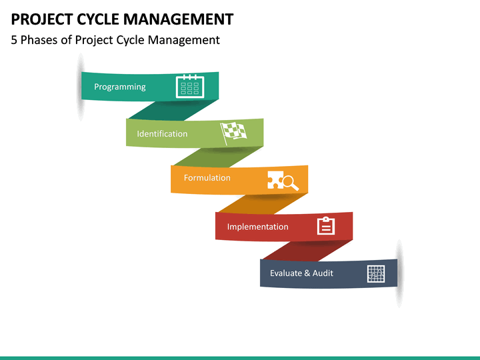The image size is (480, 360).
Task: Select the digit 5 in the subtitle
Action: point(15,40)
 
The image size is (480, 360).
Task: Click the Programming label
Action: point(119,87)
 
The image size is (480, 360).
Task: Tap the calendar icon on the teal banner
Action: point(190,87)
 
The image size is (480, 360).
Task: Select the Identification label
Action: point(162,133)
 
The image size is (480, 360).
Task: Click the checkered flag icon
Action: point(233,132)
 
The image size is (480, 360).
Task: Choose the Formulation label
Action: point(207,178)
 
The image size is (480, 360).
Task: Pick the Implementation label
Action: point(257,227)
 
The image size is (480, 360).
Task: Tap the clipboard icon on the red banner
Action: point(326,226)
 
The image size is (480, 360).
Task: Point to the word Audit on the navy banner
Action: point(323,273)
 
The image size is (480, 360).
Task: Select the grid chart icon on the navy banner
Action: point(376,273)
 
